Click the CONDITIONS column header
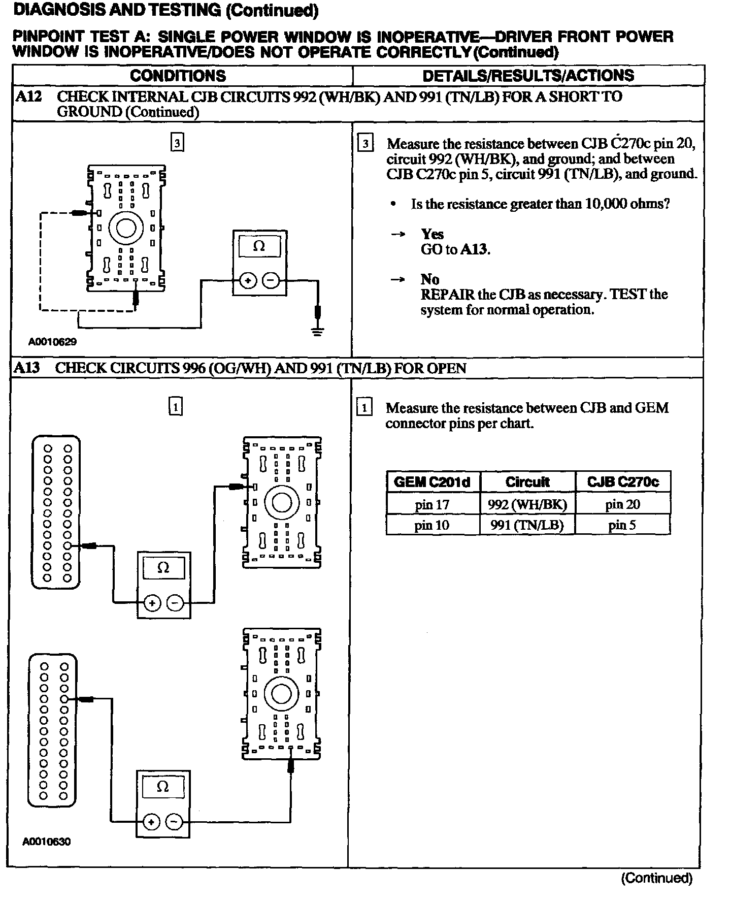[178, 76]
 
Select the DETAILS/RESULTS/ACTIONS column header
[528, 76]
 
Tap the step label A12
[28, 96]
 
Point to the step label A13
[27, 368]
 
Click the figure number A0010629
[52, 342]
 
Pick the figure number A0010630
[47, 842]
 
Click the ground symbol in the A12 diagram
[318, 332]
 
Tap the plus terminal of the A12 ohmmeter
[248, 280]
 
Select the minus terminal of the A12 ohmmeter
[271, 280]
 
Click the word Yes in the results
[432, 234]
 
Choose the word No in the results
[429, 279]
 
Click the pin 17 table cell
[432, 504]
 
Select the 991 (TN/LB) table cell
[527, 525]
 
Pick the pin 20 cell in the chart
[622, 504]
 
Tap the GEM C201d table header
[432, 482]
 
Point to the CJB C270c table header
[623, 482]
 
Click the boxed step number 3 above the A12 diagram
[177, 143]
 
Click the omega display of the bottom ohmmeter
[162, 787]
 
